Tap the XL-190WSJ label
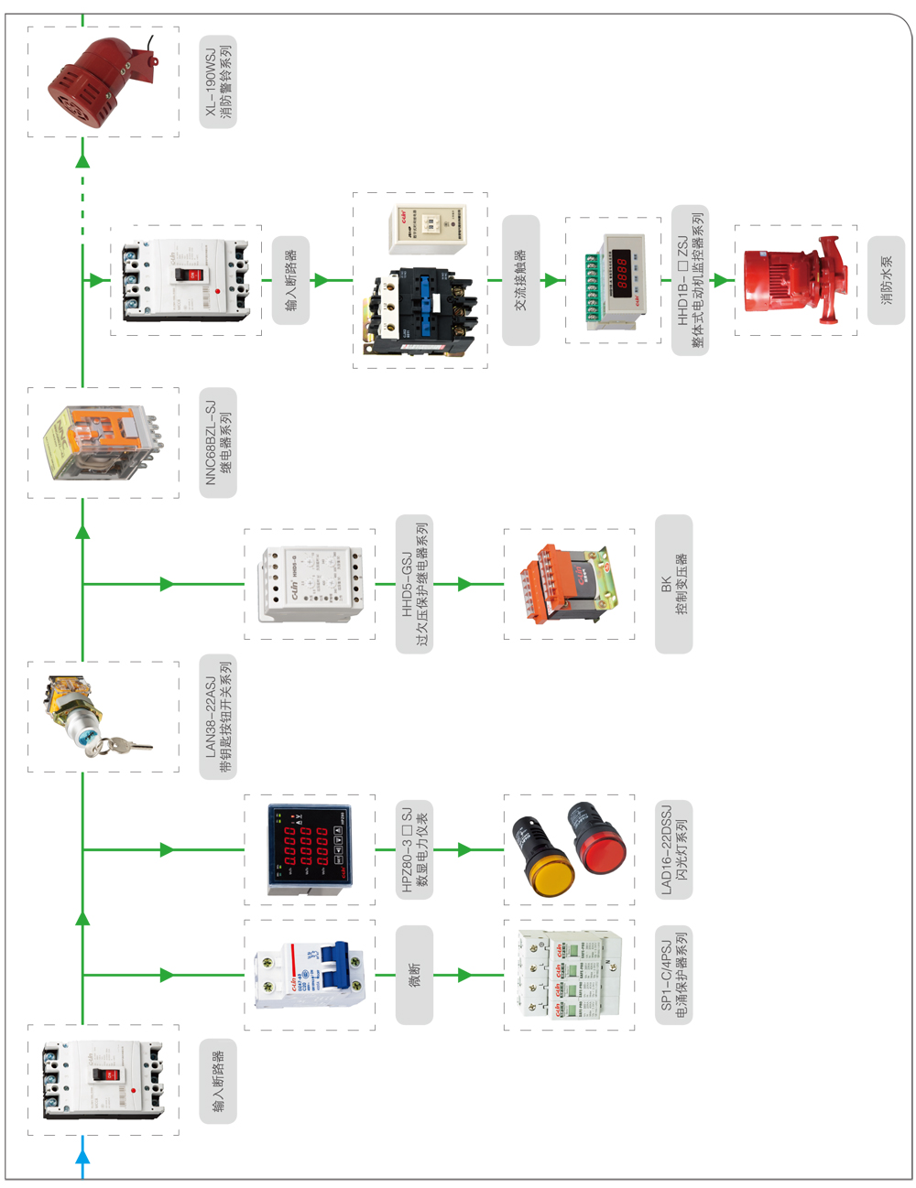[218, 81]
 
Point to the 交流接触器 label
[520, 280]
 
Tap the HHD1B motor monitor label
[690, 280]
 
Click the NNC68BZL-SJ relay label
[218, 443]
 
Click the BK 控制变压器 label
[673, 584]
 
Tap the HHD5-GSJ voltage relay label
[414, 584]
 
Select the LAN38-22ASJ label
[218, 717]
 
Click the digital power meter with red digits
[308, 848]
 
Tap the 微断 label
[414, 974]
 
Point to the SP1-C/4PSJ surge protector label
[673, 974]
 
